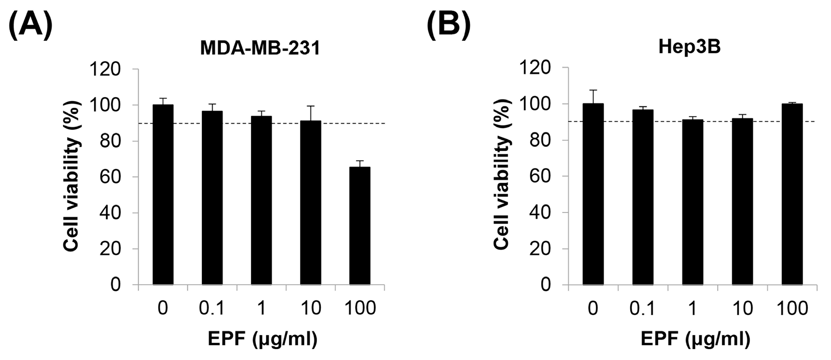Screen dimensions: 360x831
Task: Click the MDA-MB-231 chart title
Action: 260,48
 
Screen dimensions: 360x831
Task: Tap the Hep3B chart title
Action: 689,47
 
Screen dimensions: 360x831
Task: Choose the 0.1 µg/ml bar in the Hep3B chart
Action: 643,197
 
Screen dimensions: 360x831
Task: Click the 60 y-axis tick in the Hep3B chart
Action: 540,176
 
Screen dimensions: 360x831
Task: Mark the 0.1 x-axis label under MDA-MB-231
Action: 212,308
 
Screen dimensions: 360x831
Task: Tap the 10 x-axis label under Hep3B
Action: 742,309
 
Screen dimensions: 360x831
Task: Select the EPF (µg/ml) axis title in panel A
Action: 262,339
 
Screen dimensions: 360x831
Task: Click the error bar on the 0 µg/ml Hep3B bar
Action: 593,96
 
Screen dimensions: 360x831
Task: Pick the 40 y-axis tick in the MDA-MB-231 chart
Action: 110,213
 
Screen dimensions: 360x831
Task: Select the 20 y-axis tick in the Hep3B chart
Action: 540,249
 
